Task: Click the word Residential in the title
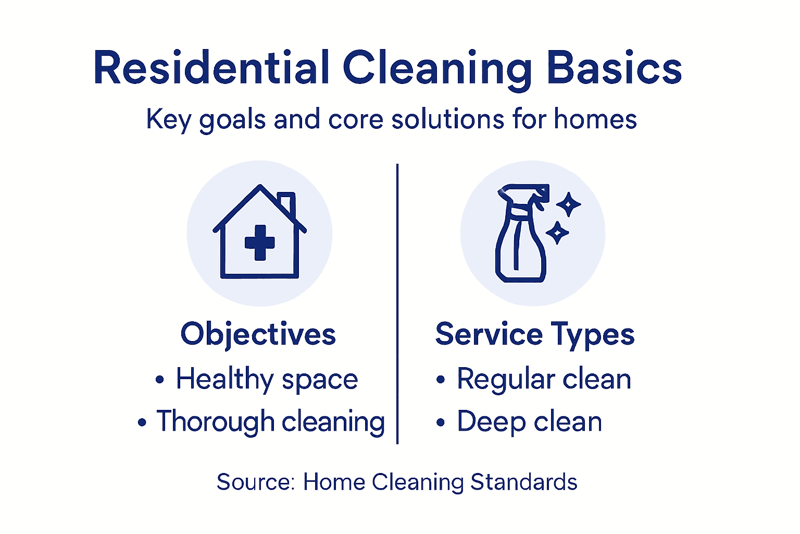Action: coord(211,68)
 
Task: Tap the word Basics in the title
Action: coord(614,68)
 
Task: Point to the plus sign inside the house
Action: coord(259,242)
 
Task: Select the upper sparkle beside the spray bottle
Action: coord(568,204)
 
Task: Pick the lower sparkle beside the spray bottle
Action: coord(557,233)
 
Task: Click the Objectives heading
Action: coord(258,334)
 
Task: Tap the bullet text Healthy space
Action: coord(267,379)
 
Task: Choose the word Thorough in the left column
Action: coord(215,421)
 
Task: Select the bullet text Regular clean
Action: coord(544,379)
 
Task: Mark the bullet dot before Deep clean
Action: coord(441,422)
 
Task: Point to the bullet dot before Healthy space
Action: coord(159,380)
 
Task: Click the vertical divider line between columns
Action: coord(397,302)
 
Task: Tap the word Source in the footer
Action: coord(255,482)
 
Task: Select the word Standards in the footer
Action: coord(523,482)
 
